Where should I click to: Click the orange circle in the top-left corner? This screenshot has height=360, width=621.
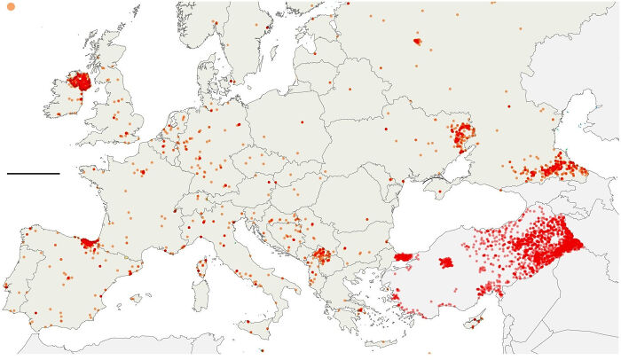point(11,7)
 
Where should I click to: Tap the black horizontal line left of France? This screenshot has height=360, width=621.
point(33,173)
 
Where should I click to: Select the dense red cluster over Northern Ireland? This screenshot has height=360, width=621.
point(81,82)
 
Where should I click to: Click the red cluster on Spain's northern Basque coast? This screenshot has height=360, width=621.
point(89,242)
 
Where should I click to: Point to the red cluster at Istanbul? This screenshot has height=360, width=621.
point(404,256)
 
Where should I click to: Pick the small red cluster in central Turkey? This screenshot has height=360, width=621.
point(446,262)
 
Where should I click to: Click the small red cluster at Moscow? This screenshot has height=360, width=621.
point(417,41)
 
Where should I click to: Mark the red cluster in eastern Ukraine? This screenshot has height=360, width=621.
point(461,136)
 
